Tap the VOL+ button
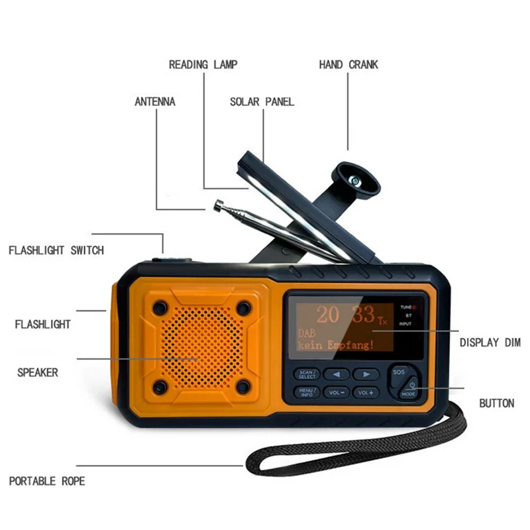pos(366,393)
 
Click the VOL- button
pos(335,393)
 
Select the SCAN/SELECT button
pos(307,374)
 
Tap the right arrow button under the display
pos(366,374)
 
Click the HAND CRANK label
pos(348,65)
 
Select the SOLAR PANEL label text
pos(262,102)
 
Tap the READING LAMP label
pos(203,65)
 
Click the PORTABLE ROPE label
pos(47,481)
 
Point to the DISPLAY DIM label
pos(490,343)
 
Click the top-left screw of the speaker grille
pos(160,308)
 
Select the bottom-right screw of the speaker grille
pos(243,386)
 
